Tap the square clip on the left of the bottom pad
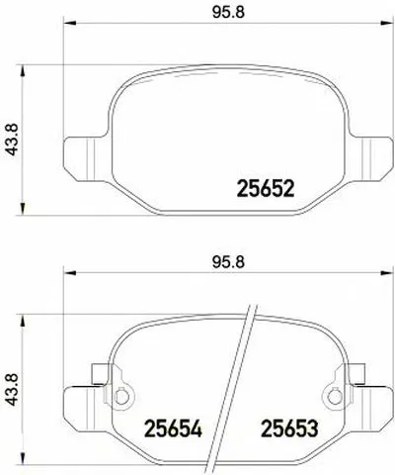(x=97, y=375)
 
